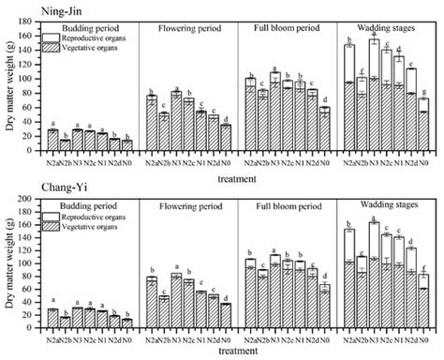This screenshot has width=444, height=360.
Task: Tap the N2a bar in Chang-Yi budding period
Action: pos(52,317)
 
